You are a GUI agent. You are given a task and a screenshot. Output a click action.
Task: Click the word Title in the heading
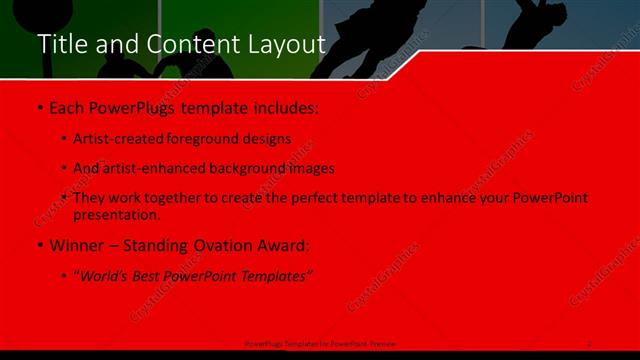[60, 45]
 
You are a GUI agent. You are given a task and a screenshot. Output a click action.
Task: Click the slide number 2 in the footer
[590, 343]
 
